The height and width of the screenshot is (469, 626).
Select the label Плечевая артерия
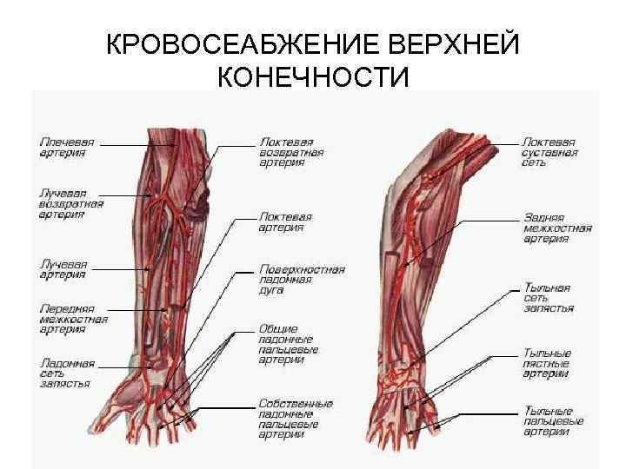[x=67, y=147]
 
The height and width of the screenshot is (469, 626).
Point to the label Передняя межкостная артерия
[x=74, y=318]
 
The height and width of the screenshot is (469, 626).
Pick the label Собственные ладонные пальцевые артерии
[x=295, y=419]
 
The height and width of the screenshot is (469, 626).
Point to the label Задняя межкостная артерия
[x=557, y=228]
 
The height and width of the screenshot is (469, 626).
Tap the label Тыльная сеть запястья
[x=548, y=296]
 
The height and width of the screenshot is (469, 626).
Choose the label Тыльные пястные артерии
[x=547, y=363]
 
